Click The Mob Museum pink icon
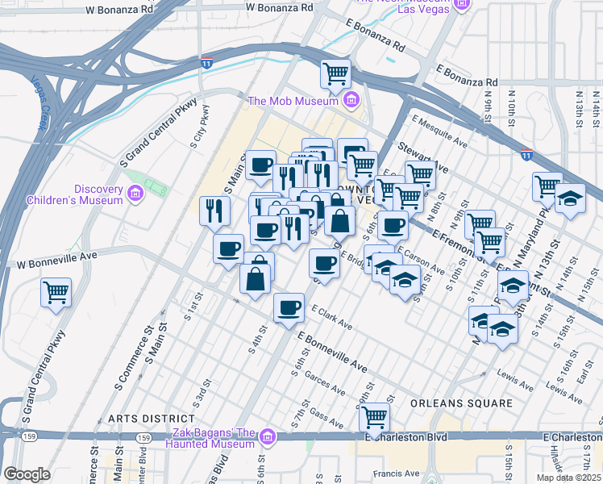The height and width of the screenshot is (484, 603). pos(351,101)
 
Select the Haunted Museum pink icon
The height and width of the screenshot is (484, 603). pos(268,438)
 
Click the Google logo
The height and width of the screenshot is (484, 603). pos(27,474)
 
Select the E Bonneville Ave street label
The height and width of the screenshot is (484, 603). pos(331,353)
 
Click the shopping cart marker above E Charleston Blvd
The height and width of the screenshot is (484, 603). pos(374,418)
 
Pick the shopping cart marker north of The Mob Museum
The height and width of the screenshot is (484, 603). pos(335,74)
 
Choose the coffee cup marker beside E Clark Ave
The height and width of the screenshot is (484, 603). pos(289,308)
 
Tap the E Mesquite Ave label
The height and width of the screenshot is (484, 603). pos(439,131)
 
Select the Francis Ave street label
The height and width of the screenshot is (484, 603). pos(401,474)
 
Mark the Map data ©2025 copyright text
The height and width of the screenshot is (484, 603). pos(569,477)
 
